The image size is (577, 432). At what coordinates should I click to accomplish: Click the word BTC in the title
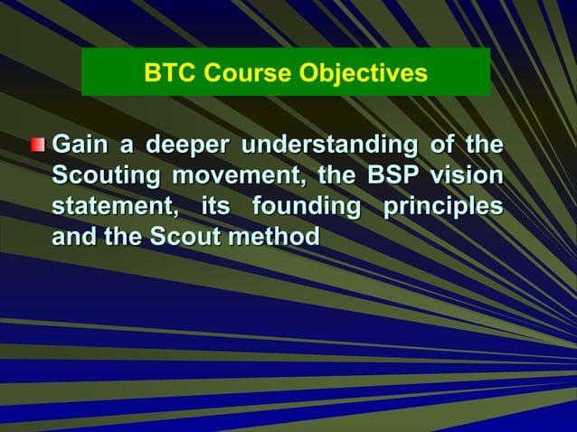tap(167, 73)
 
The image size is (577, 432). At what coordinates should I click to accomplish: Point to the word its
tap(215, 207)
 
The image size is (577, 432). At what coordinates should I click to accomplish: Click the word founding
tap(307, 207)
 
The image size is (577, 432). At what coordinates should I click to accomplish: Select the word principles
tap(443, 207)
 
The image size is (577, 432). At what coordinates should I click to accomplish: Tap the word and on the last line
tap(73, 238)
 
